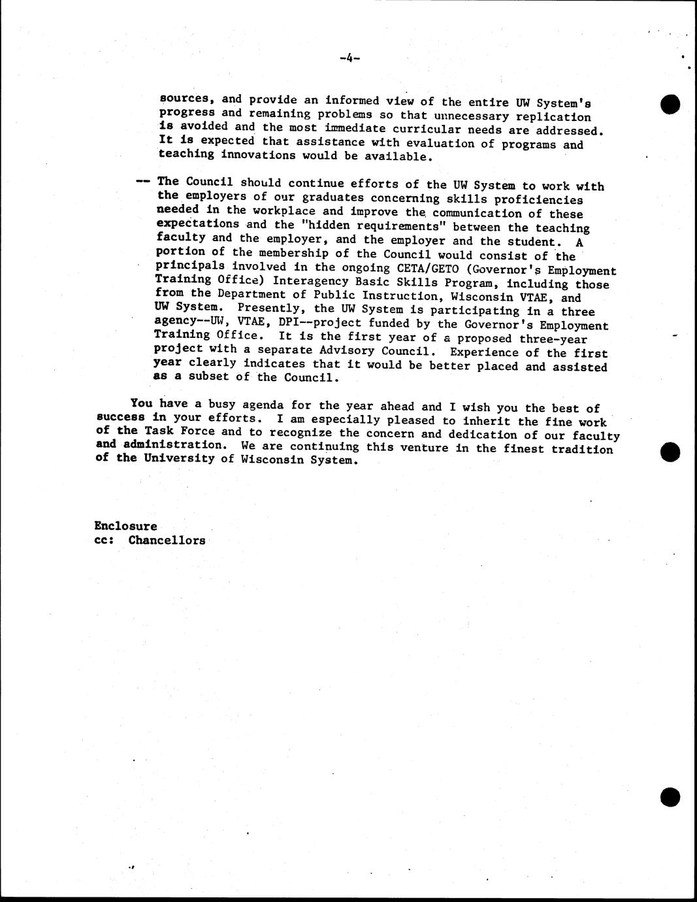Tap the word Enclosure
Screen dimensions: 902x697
[125, 526]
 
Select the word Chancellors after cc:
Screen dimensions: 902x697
[167, 541]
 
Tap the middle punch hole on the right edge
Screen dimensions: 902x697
[670, 452]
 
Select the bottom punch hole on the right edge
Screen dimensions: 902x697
[670, 796]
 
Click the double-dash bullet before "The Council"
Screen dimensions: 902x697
[144, 182]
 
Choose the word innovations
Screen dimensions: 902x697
[261, 156]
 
